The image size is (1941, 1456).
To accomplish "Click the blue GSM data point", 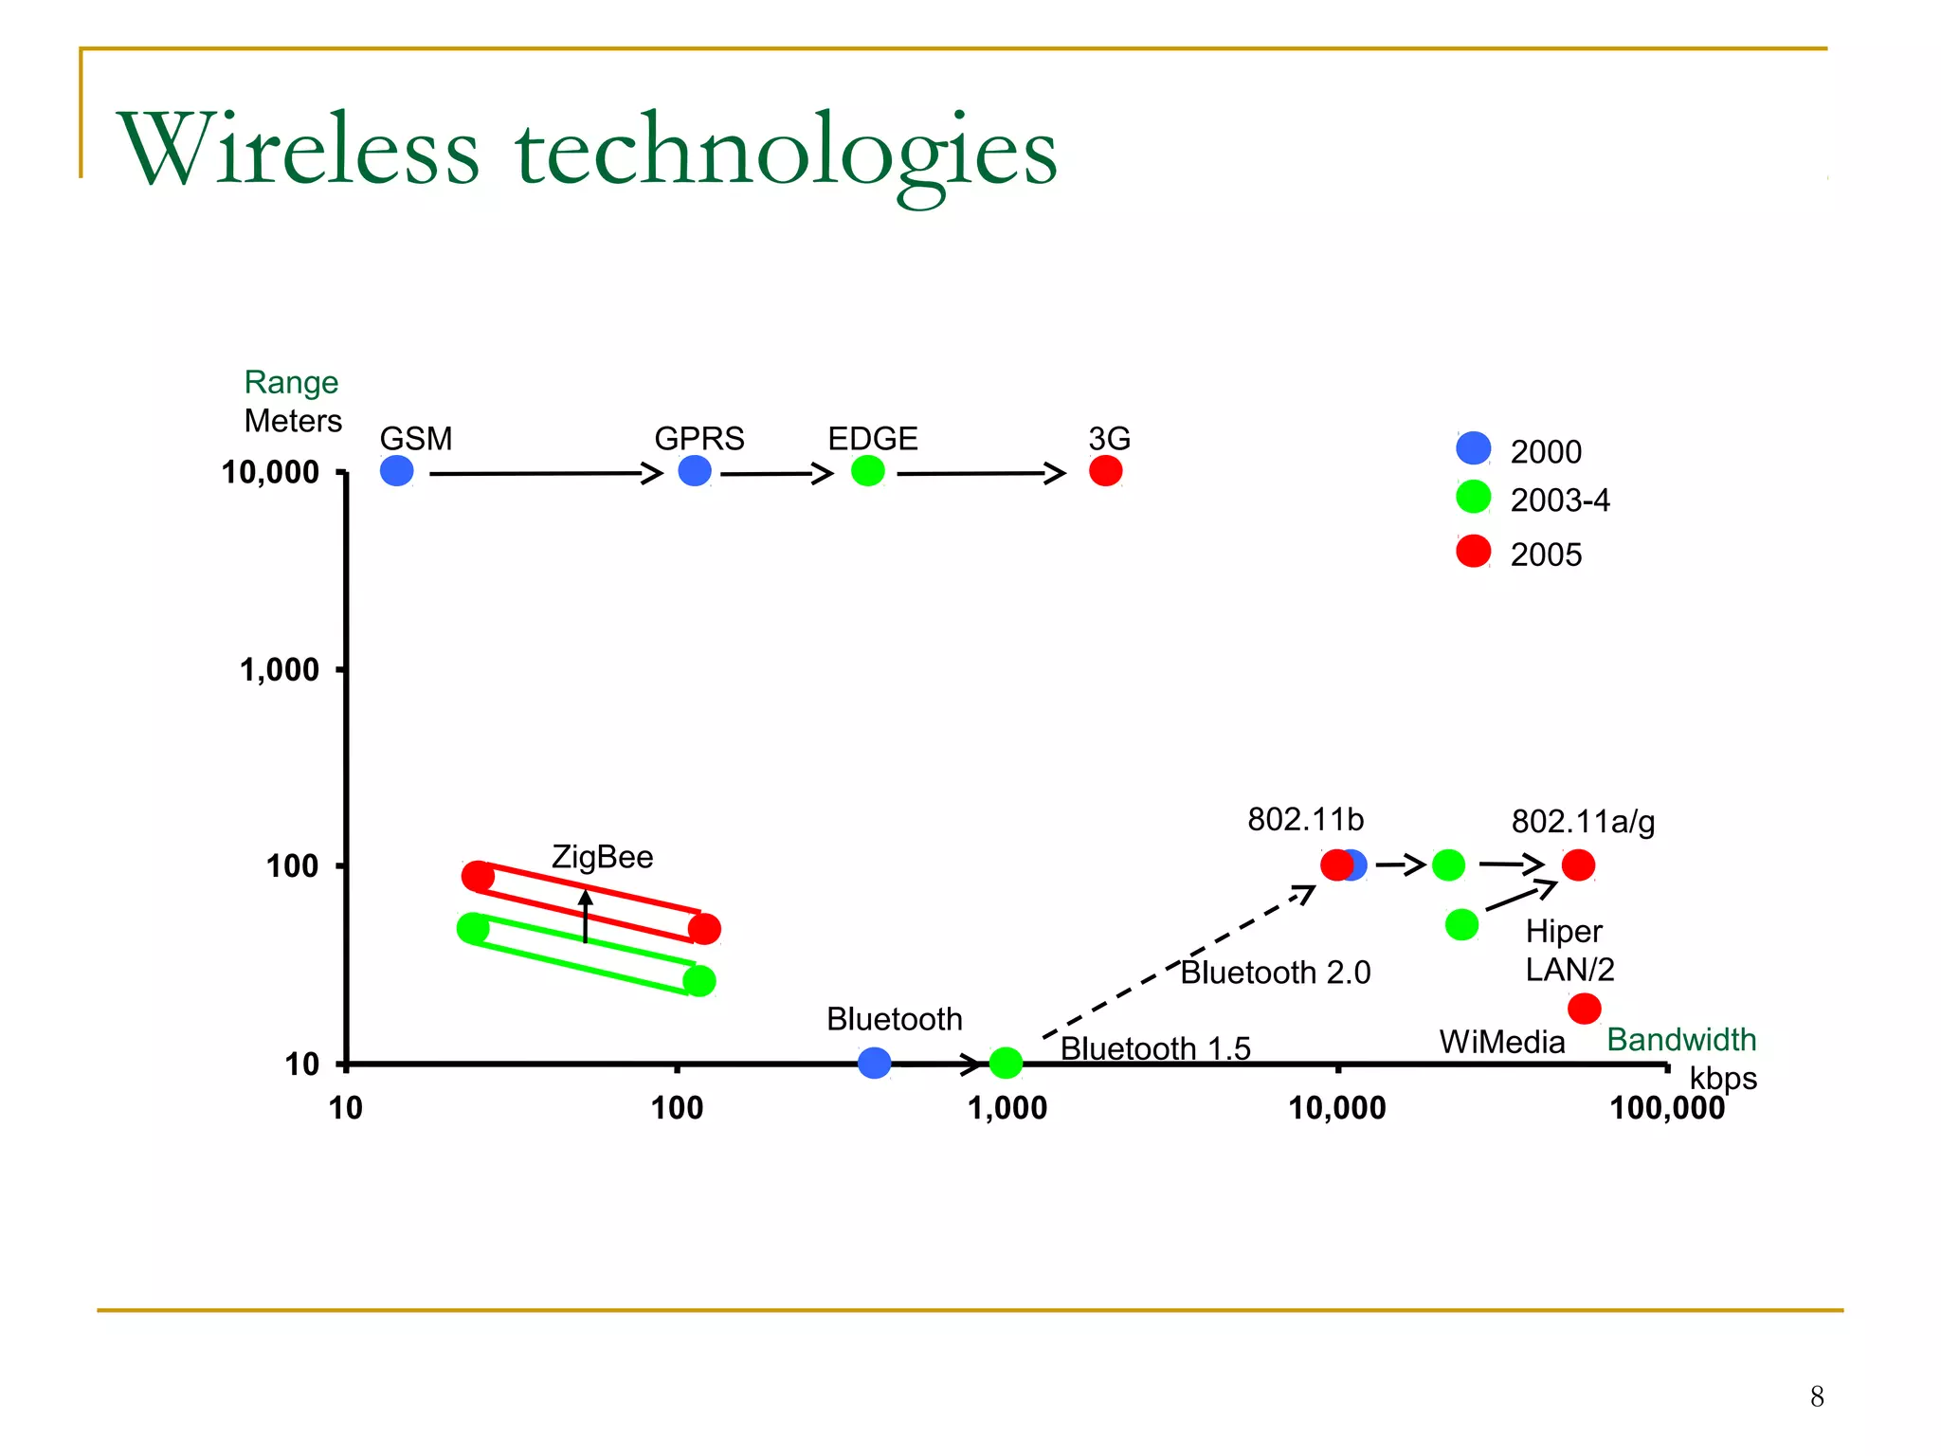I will tap(396, 471).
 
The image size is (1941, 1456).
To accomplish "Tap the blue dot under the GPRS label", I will tap(695, 471).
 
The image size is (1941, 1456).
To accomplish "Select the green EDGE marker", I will tap(867, 471).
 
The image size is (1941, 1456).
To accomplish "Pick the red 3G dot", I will tap(1105, 471).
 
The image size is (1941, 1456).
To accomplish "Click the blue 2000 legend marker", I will tap(1473, 448).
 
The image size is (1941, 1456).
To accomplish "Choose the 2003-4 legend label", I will tap(1559, 500).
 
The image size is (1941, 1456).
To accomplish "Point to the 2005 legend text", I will tap(1546, 555).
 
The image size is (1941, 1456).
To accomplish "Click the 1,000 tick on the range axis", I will tap(280, 670).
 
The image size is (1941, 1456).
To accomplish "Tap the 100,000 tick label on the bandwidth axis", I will tap(1667, 1108).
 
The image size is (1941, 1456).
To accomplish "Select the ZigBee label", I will tap(602, 857).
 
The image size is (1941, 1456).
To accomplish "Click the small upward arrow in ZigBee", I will tap(586, 915).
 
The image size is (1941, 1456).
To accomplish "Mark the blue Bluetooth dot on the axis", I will tap(874, 1063).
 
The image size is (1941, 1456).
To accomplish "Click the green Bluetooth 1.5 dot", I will tap(1006, 1063).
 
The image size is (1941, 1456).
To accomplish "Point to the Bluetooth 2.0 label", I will tap(1275, 973).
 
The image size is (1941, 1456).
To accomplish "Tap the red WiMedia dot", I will tap(1584, 1009).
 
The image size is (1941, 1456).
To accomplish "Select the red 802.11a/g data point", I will tap(1578, 864).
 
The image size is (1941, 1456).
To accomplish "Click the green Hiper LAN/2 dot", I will tap(1461, 924).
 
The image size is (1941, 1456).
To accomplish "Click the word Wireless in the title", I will tap(299, 150).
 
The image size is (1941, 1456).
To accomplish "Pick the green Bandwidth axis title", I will tap(1681, 1040).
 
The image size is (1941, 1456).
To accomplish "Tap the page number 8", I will tap(1816, 1396).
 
